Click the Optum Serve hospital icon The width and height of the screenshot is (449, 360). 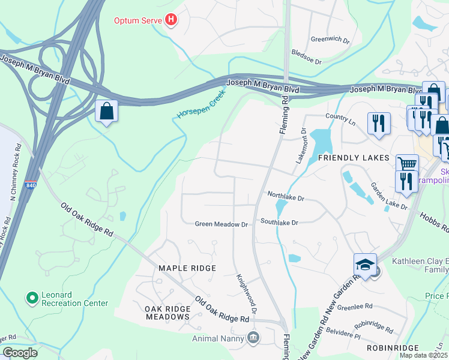click(172, 20)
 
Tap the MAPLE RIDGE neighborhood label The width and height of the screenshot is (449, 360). click(186, 268)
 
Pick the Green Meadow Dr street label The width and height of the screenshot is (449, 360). click(221, 224)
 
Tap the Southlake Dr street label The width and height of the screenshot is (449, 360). click(279, 222)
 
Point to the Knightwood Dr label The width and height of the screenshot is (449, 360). click(247, 294)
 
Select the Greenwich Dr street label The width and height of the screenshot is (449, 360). click(330, 40)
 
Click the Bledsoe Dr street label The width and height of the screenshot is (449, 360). click(306, 62)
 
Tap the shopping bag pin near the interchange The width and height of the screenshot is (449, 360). click(107, 111)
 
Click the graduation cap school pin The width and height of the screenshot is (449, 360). click(365, 265)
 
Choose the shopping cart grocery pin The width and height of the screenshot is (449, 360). click(407, 163)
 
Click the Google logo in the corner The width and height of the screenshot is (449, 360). click(20, 353)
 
